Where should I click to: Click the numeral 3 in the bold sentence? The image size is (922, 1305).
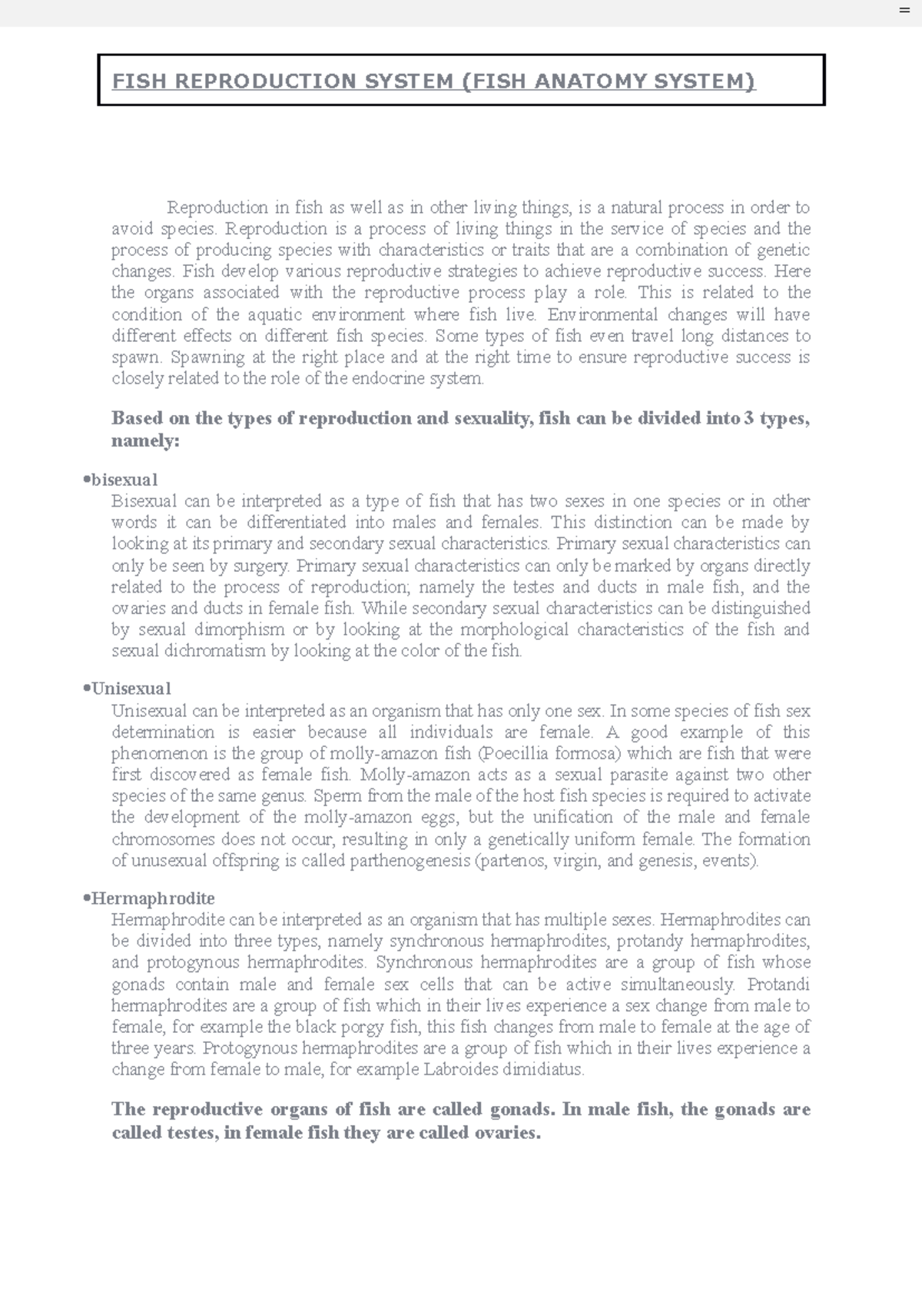(x=749, y=418)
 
